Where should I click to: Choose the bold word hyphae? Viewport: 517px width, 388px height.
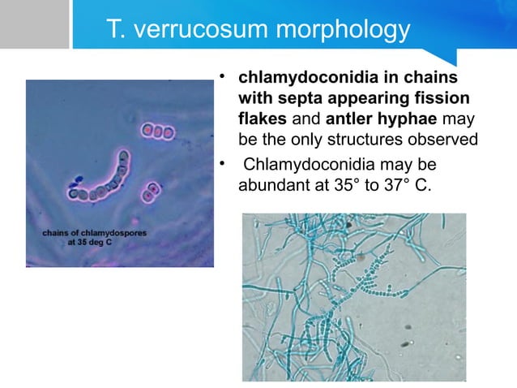click(x=406, y=119)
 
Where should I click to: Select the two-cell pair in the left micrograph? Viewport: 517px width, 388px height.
click(x=149, y=192)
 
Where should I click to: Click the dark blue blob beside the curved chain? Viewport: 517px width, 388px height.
click(x=79, y=180)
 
